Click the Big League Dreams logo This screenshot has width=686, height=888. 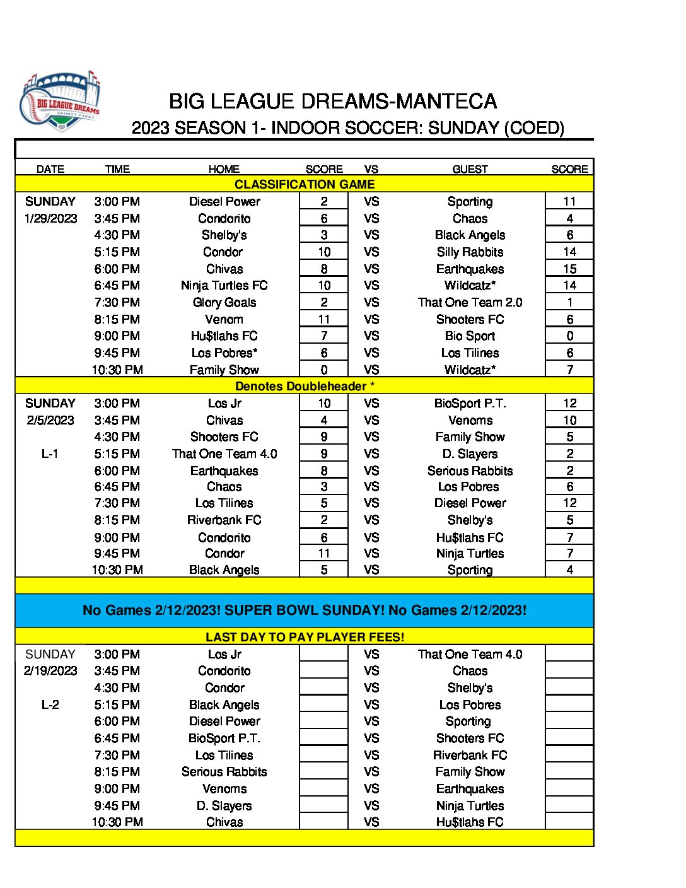(x=61, y=102)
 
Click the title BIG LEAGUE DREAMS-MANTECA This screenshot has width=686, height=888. (x=333, y=102)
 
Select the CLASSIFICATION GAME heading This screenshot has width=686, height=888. (x=305, y=184)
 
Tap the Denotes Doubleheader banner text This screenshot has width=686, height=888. (x=305, y=386)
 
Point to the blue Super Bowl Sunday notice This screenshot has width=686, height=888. (x=305, y=610)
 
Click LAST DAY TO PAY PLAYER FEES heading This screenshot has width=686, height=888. (x=305, y=637)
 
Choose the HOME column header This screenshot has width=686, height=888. (x=224, y=169)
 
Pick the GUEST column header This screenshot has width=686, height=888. (x=470, y=169)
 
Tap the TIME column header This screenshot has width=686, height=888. (x=117, y=169)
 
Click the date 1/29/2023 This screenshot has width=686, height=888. (x=50, y=218)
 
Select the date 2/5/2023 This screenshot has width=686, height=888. (x=50, y=420)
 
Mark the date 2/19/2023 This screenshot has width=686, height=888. (x=50, y=670)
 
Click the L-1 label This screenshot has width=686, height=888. (x=50, y=453)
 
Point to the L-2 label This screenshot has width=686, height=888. (x=50, y=704)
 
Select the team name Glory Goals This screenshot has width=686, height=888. (x=224, y=302)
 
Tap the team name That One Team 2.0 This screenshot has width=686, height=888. (x=470, y=302)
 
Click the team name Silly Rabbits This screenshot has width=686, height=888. (x=470, y=252)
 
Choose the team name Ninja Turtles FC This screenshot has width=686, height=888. (x=224, y=285)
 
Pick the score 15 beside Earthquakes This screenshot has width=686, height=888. (x=569, y=269)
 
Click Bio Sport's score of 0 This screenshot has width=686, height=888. (x=569, y=336)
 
